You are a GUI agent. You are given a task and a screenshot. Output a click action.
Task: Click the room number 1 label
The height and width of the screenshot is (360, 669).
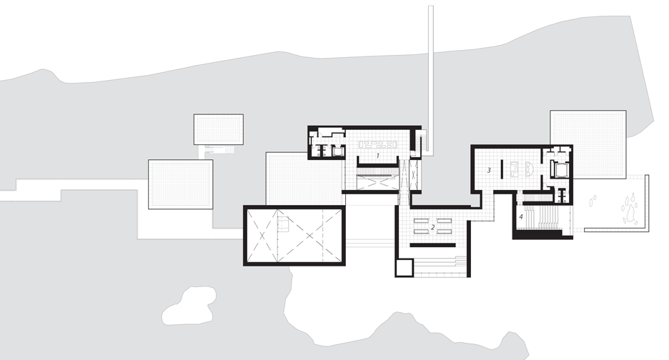click(377, 156)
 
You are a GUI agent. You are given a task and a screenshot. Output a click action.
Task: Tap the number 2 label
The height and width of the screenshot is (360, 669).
click(432, 227)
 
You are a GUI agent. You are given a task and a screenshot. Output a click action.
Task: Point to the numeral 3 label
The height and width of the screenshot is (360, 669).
click(489, 170)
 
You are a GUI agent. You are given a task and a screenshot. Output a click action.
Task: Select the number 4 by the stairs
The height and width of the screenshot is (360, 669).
click(521, 216)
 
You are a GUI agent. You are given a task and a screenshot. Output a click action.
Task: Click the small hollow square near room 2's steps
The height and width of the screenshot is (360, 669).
click(404, 267)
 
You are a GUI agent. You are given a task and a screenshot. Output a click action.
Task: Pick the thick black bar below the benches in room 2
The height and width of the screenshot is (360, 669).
click(433, 245)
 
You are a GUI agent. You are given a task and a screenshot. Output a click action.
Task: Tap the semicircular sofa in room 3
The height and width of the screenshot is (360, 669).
click(529, 169)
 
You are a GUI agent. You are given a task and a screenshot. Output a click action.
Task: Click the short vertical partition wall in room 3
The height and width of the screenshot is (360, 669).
click(502, 169)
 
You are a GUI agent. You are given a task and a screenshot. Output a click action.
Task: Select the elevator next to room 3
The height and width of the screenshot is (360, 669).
click(560, 170)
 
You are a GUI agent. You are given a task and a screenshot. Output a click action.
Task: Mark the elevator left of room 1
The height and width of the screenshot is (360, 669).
click(338, 151)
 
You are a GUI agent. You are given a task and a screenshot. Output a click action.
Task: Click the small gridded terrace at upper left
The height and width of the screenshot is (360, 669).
click(219, 129)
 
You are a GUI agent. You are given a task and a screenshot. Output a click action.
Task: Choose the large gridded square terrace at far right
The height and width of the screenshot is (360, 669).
click(588, 144)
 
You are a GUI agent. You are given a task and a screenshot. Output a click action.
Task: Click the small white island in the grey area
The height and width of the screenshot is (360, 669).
click(189, 306)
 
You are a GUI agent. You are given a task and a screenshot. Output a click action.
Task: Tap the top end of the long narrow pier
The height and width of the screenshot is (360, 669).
click(431, 6)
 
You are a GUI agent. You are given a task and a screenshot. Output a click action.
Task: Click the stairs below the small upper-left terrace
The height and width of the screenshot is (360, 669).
click(219, 149)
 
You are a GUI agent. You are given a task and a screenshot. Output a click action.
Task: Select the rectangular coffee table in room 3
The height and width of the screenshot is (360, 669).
click(515, 169)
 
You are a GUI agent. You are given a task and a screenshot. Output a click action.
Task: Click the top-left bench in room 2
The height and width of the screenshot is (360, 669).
click(421, 221)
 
